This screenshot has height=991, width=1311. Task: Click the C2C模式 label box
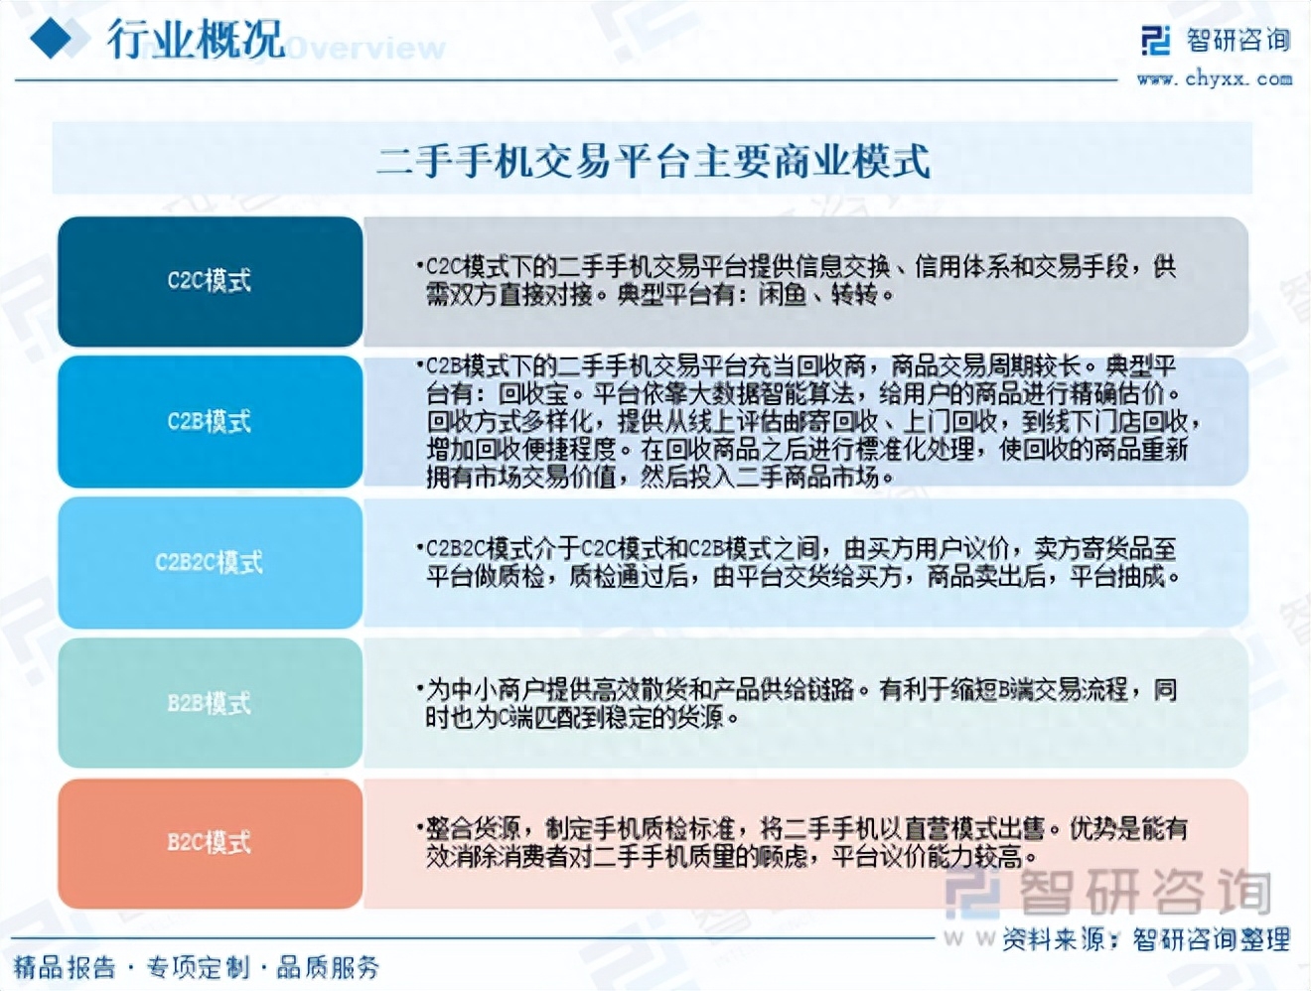210,281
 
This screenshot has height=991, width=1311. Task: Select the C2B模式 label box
210,421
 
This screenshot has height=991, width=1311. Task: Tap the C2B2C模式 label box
210,562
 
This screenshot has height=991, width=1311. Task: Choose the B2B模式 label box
210,703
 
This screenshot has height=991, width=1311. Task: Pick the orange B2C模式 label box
210,843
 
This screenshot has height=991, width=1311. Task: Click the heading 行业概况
195,41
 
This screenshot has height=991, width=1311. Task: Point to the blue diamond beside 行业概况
54,39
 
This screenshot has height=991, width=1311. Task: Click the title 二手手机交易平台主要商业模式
653,160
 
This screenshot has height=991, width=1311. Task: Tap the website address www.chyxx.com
1215,78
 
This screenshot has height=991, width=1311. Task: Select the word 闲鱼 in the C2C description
783,295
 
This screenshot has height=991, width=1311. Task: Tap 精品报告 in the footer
65,967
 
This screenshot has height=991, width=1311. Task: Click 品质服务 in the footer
328,967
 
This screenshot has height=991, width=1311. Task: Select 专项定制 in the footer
198,967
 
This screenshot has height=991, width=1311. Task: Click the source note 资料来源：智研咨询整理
1146,938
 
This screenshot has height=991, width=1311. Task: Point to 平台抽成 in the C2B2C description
1122,576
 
